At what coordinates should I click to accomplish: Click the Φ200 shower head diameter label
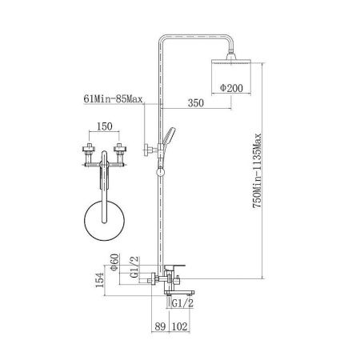(231, 88)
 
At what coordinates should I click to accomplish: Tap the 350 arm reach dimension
(196, 103)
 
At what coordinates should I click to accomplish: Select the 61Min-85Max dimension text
(113, 99)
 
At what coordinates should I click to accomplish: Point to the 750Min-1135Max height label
(258, 170)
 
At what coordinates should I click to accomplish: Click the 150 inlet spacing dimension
(104, 126)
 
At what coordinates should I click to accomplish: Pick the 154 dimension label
(100, 280)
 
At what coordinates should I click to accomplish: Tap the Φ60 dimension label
(114, 262)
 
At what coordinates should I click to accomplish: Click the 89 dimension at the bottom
(160, 326)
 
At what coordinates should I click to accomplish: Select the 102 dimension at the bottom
(180, 326)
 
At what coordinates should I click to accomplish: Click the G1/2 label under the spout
(182, 303)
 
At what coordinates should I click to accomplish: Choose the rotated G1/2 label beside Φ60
(134, 267)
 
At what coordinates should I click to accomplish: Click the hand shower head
(169, 137)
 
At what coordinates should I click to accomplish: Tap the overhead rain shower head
(231, 61)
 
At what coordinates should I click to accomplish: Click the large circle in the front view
(84, 220)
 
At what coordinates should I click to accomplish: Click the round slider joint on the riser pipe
(161, 172)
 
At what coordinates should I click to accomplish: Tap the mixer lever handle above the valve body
(174, 267)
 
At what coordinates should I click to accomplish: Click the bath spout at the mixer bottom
(179, 292)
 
